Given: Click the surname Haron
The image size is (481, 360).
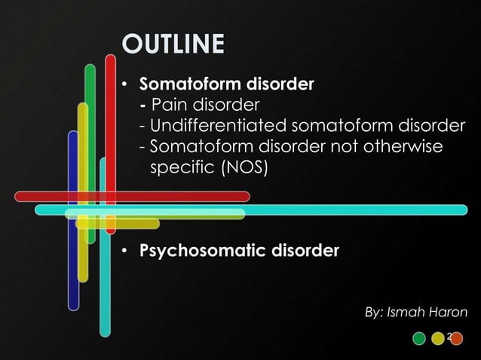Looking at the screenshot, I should [x=449, y=312].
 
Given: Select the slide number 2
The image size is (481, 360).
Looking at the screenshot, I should [x=449, y=336].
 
